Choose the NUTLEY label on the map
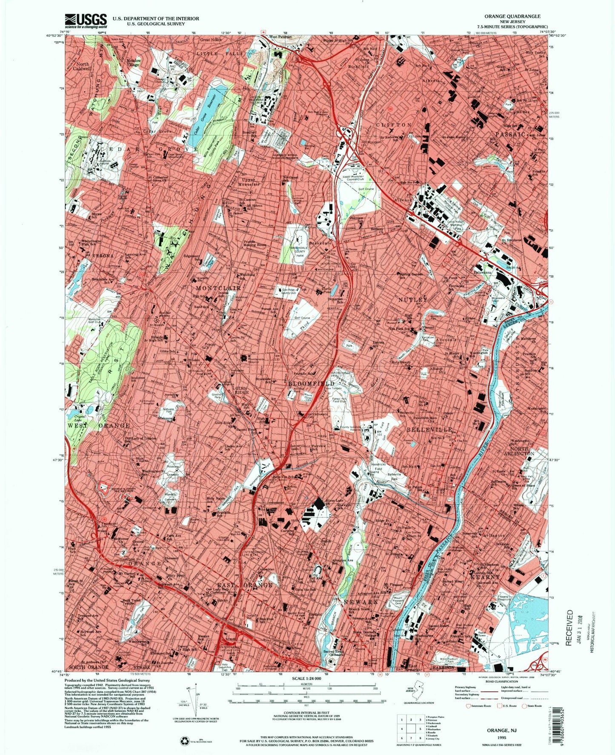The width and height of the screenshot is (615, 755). pos(412,300)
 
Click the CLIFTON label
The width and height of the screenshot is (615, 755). pos(393,125)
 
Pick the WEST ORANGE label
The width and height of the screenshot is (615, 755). pos(98,426)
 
